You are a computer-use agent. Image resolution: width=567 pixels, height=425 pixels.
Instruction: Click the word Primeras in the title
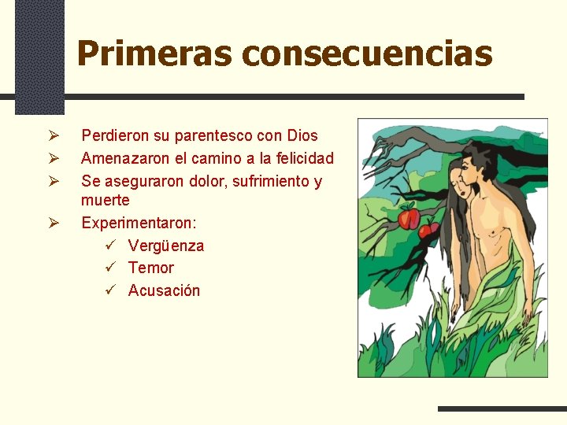(x=155, y=54)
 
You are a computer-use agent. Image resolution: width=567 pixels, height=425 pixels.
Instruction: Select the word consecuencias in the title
(x=368, y=54)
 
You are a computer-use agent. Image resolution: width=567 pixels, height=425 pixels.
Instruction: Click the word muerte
(x=106, y=200)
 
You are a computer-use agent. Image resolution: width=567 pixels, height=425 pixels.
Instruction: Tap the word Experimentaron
(x=139, y=223)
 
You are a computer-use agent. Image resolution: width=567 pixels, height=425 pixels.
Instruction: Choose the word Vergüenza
(x=166, y=246)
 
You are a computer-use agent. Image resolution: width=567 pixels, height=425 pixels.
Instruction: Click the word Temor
(x=151, y=268)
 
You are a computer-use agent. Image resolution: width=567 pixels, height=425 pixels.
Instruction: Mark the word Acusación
(x=164, y=290)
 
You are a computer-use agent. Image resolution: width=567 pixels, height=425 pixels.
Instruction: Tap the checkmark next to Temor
(x=111, y=268)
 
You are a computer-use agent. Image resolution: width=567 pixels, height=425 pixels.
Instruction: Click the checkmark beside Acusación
(x=111, y=290)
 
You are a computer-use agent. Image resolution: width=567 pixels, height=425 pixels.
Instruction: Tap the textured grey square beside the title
(x=39, y=55)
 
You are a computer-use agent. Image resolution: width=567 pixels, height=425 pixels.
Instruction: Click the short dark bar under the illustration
(x=502, y=408)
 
